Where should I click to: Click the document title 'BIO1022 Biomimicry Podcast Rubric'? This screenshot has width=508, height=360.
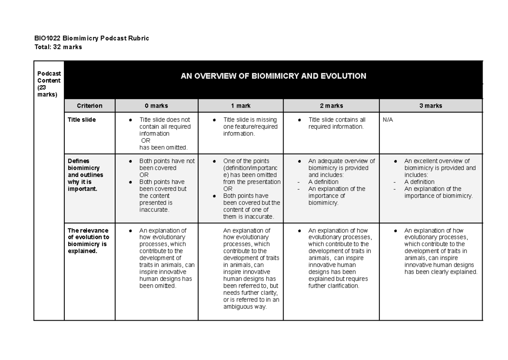91,39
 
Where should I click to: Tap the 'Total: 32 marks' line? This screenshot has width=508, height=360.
58,47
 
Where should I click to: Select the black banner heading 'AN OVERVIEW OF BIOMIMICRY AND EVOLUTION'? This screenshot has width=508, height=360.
273,76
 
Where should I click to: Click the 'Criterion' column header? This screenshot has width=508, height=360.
89,106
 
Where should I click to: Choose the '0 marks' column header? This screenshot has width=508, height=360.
156,106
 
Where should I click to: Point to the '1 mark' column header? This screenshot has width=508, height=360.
240,106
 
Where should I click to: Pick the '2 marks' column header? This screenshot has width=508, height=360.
331,106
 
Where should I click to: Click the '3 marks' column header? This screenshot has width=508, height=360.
431,106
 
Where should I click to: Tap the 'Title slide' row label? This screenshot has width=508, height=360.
82,120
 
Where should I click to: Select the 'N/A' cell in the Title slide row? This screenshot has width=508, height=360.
388,120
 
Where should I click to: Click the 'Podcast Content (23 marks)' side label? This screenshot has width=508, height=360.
49,84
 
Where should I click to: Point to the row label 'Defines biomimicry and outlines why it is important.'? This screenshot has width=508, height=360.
86,175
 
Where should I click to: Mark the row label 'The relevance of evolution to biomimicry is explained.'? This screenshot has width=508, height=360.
88,241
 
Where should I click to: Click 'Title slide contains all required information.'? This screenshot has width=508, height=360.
337,123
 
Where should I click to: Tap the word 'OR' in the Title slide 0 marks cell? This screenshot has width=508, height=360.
145,141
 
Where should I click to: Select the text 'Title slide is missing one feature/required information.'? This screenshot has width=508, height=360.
250,127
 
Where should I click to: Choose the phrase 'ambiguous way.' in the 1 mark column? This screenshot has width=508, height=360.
245,307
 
